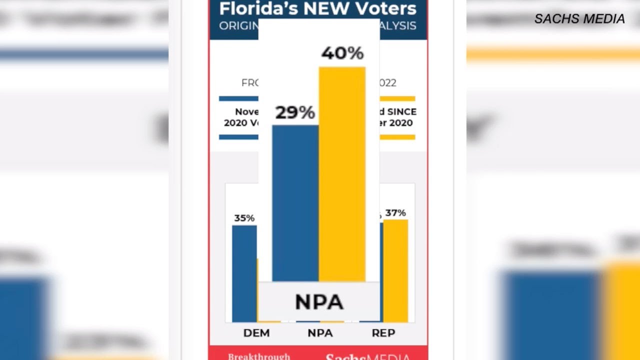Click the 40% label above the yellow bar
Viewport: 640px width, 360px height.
(342, 53)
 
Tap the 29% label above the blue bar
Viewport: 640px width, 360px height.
(295, 112)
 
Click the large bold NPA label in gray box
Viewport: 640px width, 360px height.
(319, 302)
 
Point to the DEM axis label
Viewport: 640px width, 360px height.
(256, 333)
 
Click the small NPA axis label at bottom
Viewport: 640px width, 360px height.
(320, 333)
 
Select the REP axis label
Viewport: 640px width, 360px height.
(383, 333)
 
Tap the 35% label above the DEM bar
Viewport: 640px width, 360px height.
(244, 218)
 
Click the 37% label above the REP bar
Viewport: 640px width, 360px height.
(395, 213)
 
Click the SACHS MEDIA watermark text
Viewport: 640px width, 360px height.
(579, 19)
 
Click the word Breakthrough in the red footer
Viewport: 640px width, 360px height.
(259, 356)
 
